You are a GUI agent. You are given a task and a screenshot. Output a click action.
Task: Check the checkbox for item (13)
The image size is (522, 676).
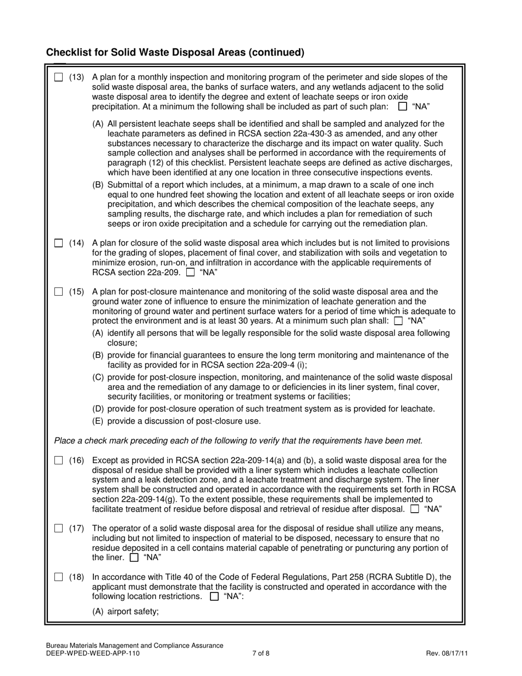59,77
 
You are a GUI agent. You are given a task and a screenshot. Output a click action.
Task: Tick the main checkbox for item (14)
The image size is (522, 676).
59,243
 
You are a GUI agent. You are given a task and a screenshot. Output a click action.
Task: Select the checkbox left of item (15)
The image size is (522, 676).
59,292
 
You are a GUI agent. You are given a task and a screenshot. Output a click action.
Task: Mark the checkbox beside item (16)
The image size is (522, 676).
59,461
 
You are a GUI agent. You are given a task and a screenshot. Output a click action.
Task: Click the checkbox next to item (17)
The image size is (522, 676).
59,529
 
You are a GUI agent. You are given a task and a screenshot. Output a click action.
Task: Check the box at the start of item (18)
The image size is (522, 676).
59,577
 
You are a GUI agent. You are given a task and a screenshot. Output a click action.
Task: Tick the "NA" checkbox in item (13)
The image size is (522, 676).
403,107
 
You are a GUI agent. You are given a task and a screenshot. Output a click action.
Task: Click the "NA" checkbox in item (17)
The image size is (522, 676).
133,558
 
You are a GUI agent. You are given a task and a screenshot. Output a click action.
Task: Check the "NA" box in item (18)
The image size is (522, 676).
215,597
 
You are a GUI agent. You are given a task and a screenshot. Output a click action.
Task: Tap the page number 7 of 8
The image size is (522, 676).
261,654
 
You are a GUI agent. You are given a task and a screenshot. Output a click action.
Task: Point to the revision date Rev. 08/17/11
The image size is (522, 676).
447,654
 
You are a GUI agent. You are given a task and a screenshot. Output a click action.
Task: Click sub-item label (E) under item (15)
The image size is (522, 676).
98,422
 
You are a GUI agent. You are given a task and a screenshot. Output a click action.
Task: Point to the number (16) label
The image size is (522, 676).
77,461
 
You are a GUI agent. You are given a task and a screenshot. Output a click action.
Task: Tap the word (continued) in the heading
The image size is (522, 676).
276,53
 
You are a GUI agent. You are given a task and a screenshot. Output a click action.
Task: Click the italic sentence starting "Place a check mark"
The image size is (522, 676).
238,441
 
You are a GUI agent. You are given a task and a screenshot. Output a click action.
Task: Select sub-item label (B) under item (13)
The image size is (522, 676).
98,185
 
